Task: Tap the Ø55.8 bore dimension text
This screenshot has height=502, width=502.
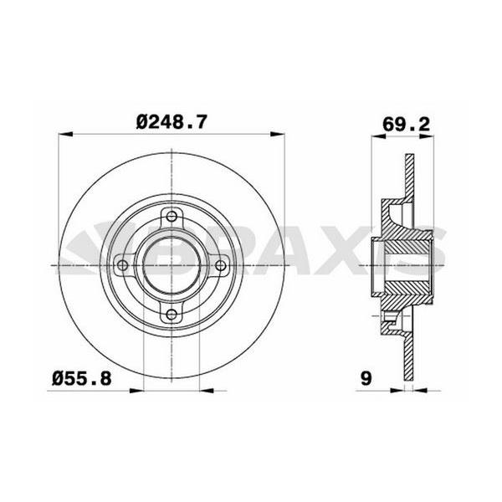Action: [80, 379]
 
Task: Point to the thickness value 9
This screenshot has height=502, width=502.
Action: [365, 379]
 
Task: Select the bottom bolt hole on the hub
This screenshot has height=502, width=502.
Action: [172, 315]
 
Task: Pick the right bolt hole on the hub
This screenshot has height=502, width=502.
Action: [221, 265]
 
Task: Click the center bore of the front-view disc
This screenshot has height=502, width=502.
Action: [172, 265]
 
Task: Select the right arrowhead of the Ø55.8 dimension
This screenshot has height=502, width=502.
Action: [204, 389]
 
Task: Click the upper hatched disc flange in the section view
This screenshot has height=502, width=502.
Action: [409, 180]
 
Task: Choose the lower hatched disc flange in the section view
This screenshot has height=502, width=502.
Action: [409, 351]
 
